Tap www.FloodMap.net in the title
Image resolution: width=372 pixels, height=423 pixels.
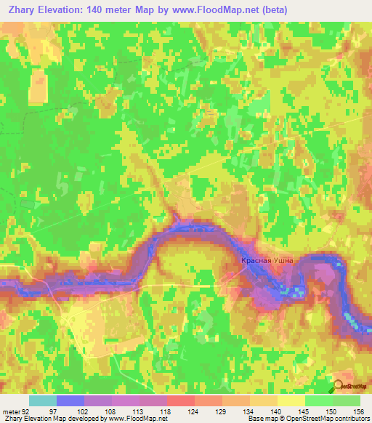(221, 10)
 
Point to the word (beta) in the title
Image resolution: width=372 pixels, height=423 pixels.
(273, 10)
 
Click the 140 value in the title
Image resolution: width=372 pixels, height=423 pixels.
(97, 10)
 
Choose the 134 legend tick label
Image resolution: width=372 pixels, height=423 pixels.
(248, 412)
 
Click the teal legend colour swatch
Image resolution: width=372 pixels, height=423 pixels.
(43, 400)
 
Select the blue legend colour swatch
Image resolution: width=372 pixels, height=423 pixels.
(70, 400)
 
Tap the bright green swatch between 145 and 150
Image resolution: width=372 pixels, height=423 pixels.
(318, 400)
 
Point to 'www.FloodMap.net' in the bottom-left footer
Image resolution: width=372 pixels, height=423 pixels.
(137, 419)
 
